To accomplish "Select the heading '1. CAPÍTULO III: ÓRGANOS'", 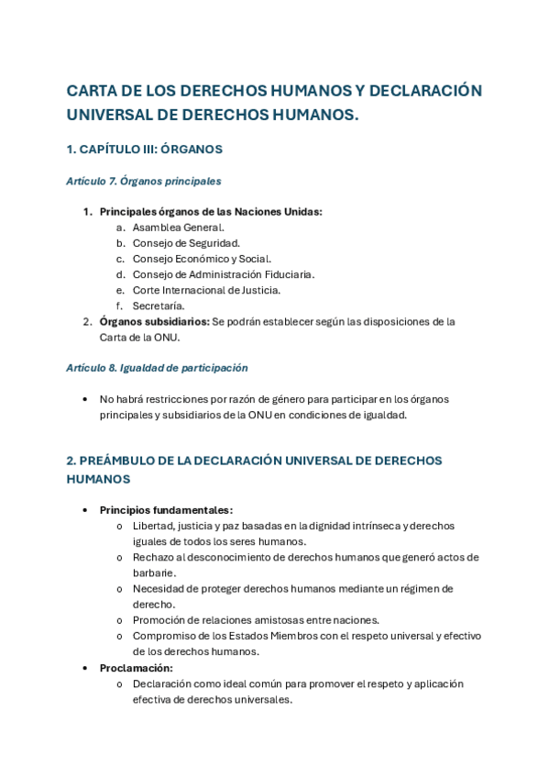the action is [144, 149].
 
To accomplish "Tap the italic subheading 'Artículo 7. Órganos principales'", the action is [144, 182].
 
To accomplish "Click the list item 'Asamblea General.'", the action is [178, 228].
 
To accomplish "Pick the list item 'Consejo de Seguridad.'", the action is [186, 243].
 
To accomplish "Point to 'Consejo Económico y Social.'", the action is [202, 259].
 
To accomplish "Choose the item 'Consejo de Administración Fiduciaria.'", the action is [224, 274].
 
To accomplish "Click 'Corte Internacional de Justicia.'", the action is [206, 290].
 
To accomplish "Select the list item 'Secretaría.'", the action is [159, 306].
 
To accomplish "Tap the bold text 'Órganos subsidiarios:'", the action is [154, 322].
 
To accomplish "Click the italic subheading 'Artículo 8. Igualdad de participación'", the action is [158, 368].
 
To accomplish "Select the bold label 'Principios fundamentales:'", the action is [166, 510].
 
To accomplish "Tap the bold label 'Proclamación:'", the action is [136, 668].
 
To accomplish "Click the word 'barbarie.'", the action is [154, 572].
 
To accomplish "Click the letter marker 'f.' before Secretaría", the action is [119, 306].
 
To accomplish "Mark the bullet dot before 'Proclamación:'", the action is [85, 668].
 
